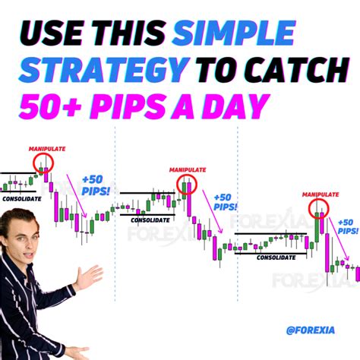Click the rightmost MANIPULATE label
(x=320, y=194)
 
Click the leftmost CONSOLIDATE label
(x=22, y=198)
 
